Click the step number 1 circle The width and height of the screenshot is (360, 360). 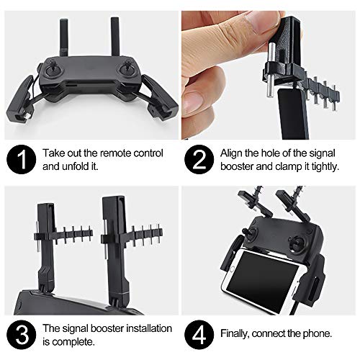[22, 161]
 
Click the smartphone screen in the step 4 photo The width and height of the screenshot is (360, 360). [269, 274]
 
